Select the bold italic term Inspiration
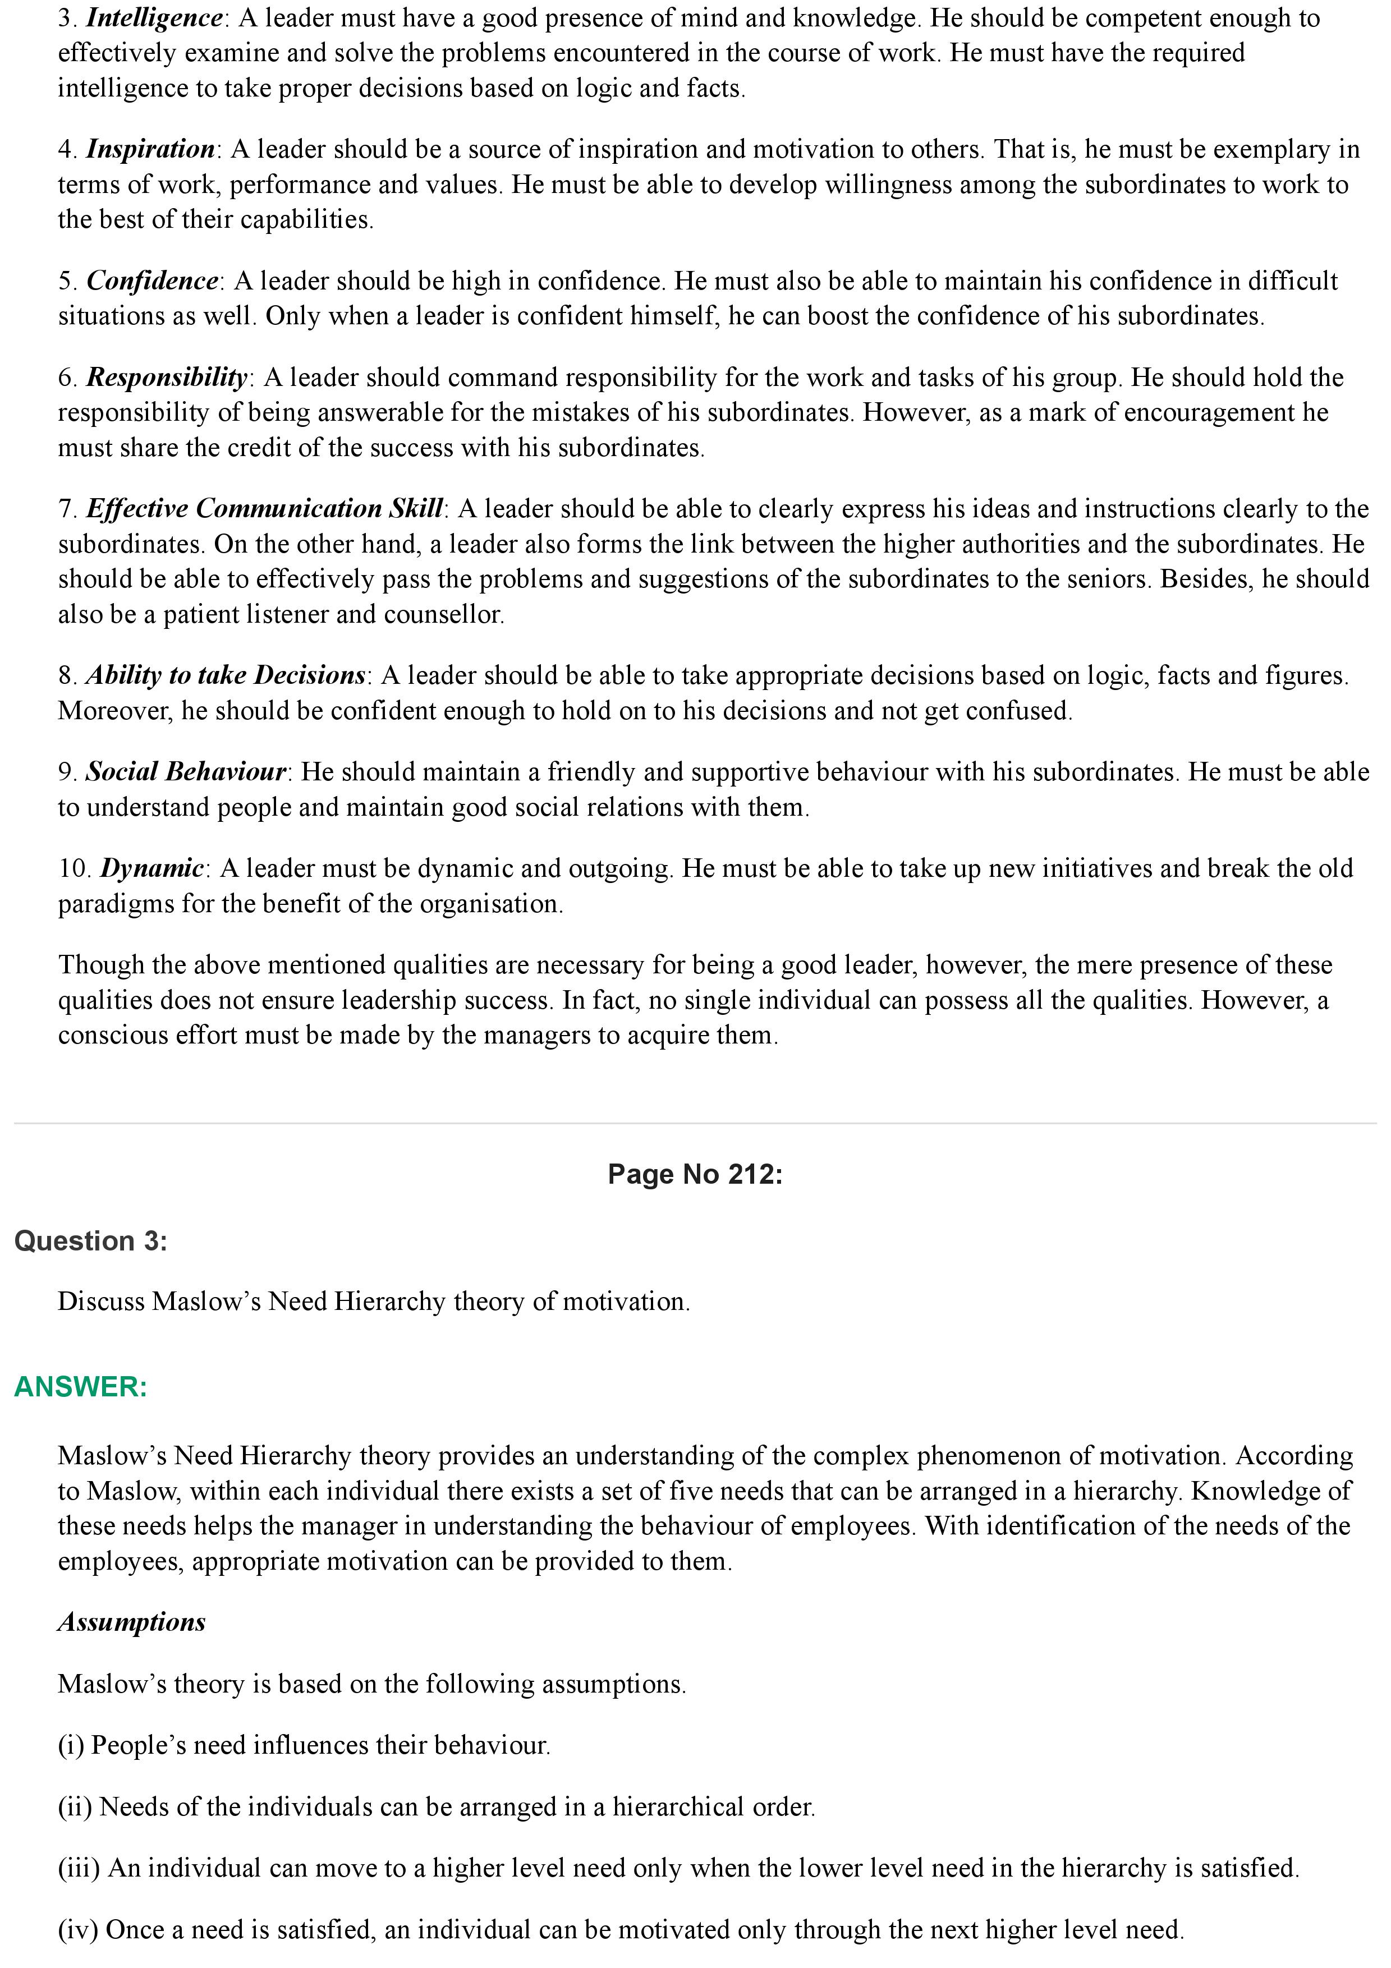pos(150,149)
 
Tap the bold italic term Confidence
pos(153,281)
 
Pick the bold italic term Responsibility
pos(166,377)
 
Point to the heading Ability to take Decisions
pos(226,675)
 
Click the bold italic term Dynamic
pos(152,868)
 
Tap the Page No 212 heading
pos(695,1174)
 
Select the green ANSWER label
pos(81,1386)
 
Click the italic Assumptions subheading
pos(132,1622)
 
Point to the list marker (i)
pos(71,1744)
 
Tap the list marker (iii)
pos(80,1867)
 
